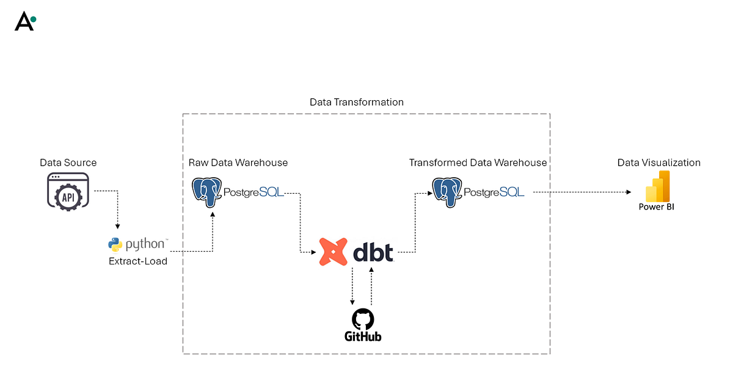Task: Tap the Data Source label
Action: pyautogui.click(x=68, y=162)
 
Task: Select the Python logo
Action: pyautogui.click(x=115, y=244)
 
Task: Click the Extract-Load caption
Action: pyautogui.click(x=138, y=261)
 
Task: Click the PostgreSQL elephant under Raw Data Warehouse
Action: pyautogui.click(x=206, y=192)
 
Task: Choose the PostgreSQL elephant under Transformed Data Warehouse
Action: pyautogui.click(x=447, y=192)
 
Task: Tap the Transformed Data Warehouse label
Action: pyautogui.click(x=478, y=162)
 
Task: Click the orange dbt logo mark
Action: pyautogui.click(x=333, y=251)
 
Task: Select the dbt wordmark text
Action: pyautogui.click(x=373, y=251)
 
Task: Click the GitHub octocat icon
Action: pyautogui.click(x=363, y=319)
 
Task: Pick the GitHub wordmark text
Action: pyautogui.click(x=363, y=336)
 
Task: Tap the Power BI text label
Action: pyautogui.click(x=657, y=207)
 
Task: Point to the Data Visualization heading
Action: pyautogui.click(x=658, y=162)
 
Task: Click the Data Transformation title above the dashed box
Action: pyautogui.click(x=357, y=102)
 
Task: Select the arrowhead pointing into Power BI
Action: pyautogui.click(x=629, y=192)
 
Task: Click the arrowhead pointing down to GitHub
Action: pyautogui.click(x=352, y=301)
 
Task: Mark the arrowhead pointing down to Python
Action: pyautogui.click(x=117, y=229)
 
